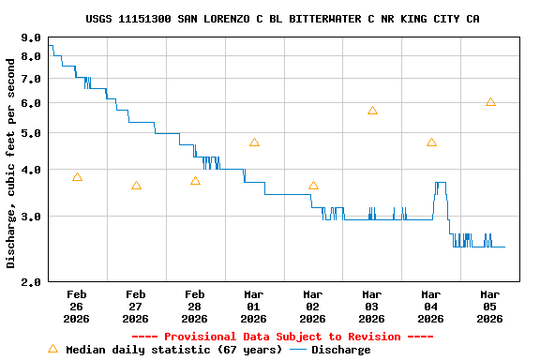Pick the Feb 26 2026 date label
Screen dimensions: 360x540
coord(77,306)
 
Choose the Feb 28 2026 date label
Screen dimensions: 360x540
coord(195,306)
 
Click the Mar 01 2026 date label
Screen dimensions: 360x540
coord(254,306)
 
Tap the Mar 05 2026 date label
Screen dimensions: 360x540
coord(490,306)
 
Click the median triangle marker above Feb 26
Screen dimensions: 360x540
coord(77,177)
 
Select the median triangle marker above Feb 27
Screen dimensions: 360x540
coord(136,186)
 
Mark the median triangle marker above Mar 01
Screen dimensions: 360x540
coord(254,142)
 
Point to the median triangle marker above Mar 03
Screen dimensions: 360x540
coord(372,111)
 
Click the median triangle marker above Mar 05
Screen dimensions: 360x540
coord(490,102)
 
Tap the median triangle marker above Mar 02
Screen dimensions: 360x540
coord(313,186)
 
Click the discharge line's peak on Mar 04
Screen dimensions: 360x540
coord(440,183)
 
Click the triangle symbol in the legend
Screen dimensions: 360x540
coord(52,349)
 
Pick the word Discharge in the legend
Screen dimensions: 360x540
coord(340,350)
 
